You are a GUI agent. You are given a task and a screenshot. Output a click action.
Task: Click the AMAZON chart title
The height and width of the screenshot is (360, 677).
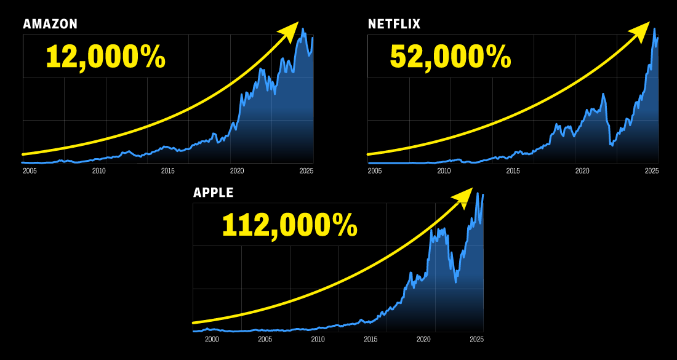coord(50,24)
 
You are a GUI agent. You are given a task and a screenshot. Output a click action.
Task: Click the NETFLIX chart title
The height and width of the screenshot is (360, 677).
coord(394,24)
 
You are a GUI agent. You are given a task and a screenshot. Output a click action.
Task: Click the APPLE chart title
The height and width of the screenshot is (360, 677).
coord(214,193)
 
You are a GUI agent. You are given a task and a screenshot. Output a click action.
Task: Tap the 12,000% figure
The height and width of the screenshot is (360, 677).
coord(105,57)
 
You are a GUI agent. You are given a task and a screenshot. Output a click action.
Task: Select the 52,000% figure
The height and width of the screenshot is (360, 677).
coord(451,57)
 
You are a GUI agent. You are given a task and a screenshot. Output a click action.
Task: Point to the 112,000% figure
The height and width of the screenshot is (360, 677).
coord(289,225)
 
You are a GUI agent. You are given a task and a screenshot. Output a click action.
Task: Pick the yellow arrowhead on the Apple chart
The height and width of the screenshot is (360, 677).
coord(463,197)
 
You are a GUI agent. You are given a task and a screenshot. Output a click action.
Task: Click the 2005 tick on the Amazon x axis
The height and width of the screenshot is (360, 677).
coord(30,170)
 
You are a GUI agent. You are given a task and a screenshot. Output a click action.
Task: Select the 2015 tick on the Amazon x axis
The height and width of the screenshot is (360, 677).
coord(168,170)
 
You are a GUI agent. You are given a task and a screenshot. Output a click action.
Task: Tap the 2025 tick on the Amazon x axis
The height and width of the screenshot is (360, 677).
coord(306,170)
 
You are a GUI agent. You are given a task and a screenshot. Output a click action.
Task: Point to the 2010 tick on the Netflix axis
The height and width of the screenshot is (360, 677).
coord(444,170)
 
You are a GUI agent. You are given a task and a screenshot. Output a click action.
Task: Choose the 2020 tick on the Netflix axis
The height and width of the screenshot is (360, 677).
coord(582,170)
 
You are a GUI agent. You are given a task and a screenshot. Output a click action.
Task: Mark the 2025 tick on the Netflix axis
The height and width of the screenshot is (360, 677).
coord(651,170)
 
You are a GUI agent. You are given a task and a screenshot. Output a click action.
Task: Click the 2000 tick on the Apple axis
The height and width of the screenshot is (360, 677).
coord(212,339)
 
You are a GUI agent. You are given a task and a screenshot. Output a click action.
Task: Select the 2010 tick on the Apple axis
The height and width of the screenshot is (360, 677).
coord(318,339)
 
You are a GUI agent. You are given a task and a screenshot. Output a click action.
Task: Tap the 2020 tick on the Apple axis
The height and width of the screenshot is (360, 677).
coord(423,339)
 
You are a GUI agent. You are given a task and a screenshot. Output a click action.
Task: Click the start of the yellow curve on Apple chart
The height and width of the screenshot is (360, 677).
coord(194,322)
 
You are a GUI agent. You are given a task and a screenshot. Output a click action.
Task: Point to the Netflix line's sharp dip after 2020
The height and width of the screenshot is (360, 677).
coord(611,145)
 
